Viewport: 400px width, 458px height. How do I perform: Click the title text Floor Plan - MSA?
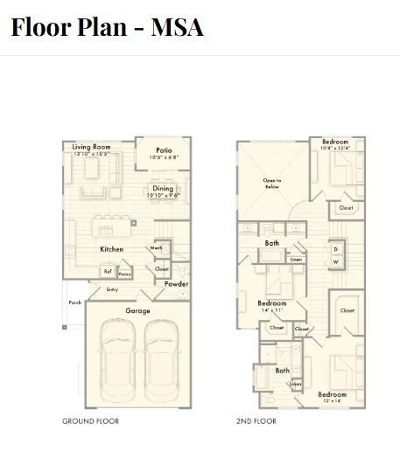tap(107, 26)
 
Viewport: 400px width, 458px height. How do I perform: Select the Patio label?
tap(164, 150)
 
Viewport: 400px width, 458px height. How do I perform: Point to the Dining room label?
tap(164, 189)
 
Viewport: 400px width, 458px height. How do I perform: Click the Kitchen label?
tap(111, 249)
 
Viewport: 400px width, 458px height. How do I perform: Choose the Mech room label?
tap(158, 248)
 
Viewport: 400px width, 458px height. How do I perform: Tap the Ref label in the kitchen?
tap(108, 271)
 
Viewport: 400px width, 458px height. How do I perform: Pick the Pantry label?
tap(125, 274)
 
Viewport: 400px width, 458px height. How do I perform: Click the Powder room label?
tap(176, 284)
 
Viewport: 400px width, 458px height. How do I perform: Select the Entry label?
tap(112, 289)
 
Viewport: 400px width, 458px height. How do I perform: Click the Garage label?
tap(137, 310)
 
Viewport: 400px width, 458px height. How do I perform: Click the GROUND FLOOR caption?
tap(90, 421)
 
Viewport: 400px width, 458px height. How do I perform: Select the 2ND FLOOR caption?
tap(257, 421)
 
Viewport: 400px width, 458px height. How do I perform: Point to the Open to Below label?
tap(272, 184)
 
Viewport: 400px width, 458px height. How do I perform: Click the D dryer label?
tap(335, 249)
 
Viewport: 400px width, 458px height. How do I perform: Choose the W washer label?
tap(335, 262)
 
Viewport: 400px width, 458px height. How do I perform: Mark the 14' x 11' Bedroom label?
tap(272, 304)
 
